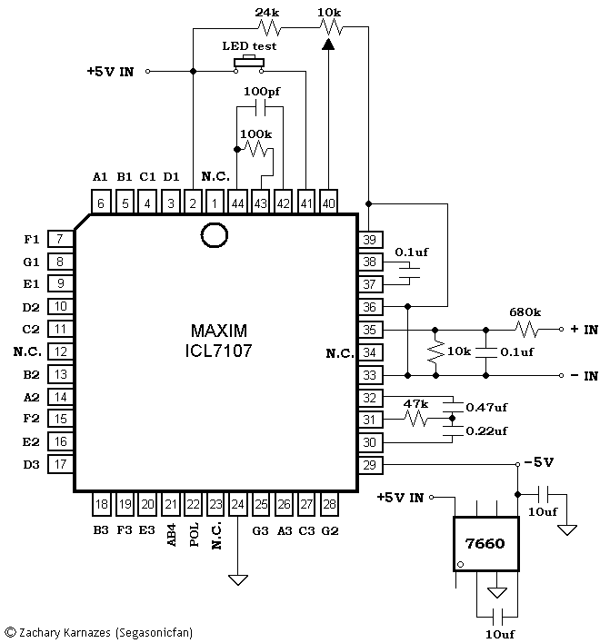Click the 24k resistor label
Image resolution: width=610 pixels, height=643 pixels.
[267, 13]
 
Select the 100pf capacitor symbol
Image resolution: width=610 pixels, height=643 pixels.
[260, 108]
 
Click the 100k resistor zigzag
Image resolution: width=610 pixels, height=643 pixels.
[256, 149]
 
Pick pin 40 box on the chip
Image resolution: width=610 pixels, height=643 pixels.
[328, 203]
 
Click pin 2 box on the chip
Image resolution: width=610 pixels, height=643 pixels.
[193, 203]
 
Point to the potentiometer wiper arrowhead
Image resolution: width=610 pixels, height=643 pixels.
[327, 44]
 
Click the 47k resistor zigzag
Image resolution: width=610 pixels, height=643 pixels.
[415, 419]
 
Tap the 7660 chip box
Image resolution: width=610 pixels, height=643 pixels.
[486, 544]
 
